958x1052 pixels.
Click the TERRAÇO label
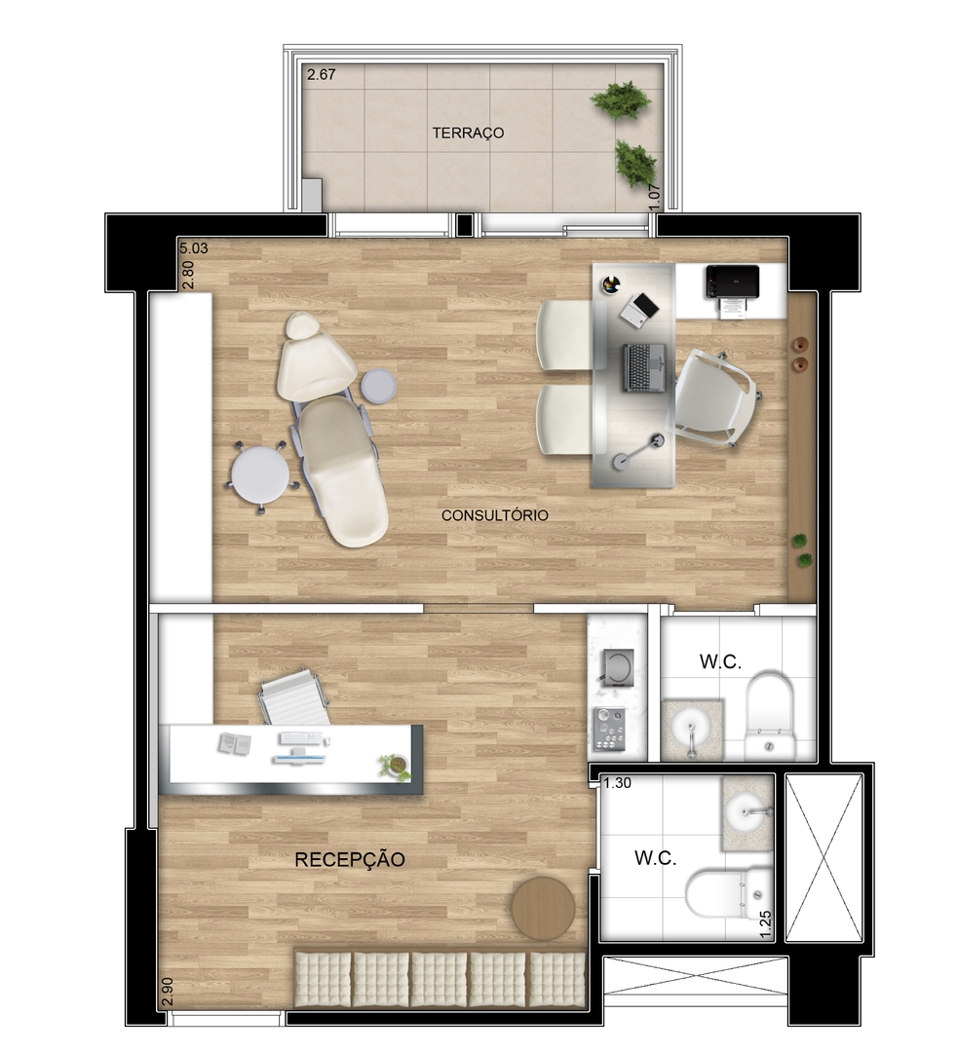(467, 132)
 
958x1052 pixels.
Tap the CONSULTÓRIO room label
(495, 515)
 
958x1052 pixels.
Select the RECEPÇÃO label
(350, 859)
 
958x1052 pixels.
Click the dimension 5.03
(193, 248)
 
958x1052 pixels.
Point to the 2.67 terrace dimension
(322, 74)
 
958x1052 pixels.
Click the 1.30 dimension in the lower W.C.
(617, 783)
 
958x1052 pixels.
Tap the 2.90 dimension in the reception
(168, 993)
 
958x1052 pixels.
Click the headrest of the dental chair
(303, 326)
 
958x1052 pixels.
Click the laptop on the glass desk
(645, 367)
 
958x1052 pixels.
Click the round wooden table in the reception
(543, 907)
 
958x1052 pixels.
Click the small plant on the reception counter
(394, 766)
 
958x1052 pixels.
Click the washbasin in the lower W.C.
(747, 811)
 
